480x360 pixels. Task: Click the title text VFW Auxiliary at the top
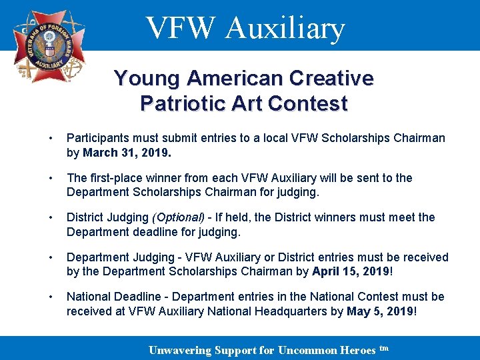click(x=245, y=28)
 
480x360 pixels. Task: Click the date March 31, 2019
click(x=127, y=153)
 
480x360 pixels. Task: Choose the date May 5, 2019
click(x=381, y=311)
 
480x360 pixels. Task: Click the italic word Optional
click(x=179, y=217)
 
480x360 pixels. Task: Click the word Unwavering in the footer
click(x=179, y=351)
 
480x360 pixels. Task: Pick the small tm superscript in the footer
click(x=383, y=348)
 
